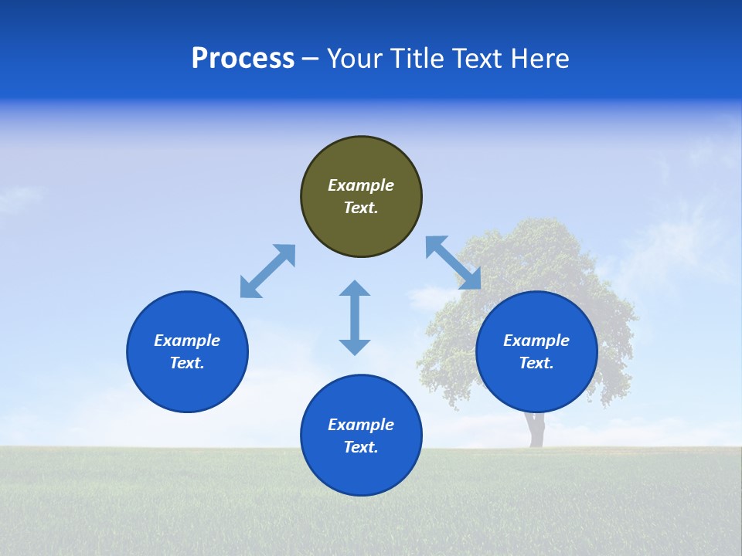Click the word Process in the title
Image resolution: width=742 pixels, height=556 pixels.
click(x=243, y=59)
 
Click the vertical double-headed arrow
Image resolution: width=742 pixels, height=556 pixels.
click(x=355, y=317)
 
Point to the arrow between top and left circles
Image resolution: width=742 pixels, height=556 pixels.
click(x=267, y=271)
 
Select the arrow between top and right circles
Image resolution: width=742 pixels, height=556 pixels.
click(x=454, y=263)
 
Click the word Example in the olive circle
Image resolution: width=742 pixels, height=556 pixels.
click(x=361, y=185)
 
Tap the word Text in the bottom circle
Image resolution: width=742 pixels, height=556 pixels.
click(x=361, y=447)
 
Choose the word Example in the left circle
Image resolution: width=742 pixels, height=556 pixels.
click(x=187, y=341)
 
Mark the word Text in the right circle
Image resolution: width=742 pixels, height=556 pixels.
click(x=536, y=363)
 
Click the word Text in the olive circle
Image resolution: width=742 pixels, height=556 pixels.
click(x=361, y=208)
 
